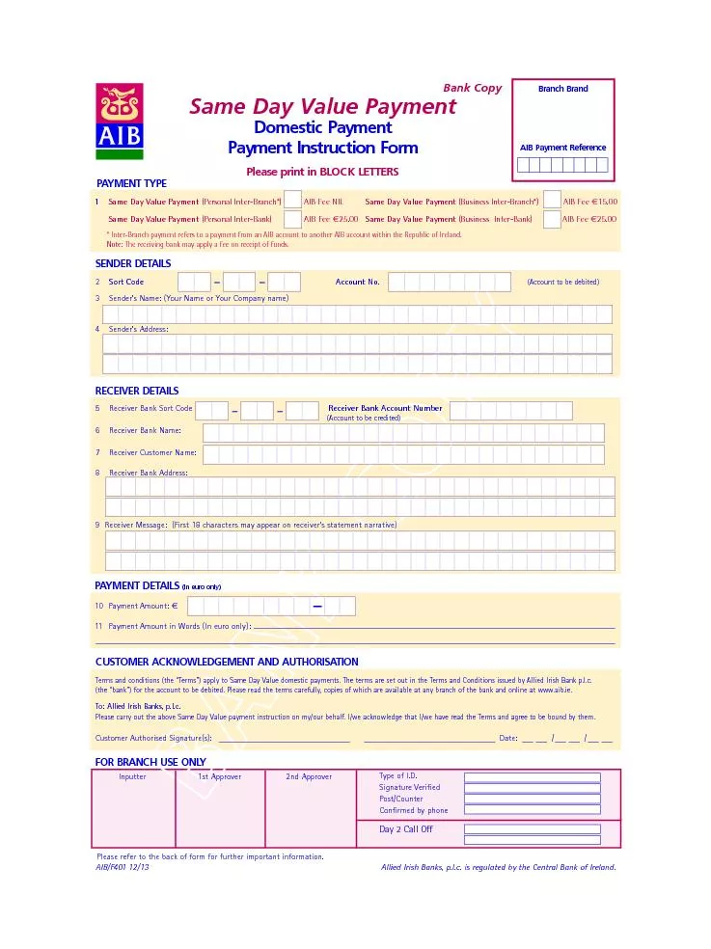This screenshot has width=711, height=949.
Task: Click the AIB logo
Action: [x=120, y=121]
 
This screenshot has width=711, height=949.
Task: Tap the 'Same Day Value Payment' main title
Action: [x=322, y=106]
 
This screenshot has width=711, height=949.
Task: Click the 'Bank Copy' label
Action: [x=472, y=88]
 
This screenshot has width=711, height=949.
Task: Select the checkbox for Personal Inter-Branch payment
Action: [x=292, y=201]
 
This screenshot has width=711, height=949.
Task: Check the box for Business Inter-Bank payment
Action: [x=552, y=219]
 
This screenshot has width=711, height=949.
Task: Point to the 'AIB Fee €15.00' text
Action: [x=589, y=202]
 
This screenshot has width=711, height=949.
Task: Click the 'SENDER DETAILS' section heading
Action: [x=133, y=263]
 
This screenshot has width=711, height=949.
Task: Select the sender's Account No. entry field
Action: [x=449, y=282]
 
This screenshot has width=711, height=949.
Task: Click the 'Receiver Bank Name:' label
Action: [x=145, y=430]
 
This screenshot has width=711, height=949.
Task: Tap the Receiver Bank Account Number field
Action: [x=510, y=411]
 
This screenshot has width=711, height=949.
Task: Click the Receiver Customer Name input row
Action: [x=403, y=454]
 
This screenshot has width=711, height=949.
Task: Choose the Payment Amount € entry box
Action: [x=271, y=606]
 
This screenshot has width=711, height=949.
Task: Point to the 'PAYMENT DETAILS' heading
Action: [x=137, y=585]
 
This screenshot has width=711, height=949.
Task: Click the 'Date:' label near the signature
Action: [x=508, y=738]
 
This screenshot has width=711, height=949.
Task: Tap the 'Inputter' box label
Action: [x=132, y=776]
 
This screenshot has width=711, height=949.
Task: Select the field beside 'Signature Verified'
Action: [x=532, y=788]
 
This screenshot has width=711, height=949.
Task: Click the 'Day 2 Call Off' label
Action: [x=406, y=829]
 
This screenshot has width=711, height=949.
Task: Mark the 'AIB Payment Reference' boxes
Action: [x=562, y=165]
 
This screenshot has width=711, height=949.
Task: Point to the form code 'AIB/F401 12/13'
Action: [x=123, y=867]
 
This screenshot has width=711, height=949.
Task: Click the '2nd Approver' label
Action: [x=308, y=776]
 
